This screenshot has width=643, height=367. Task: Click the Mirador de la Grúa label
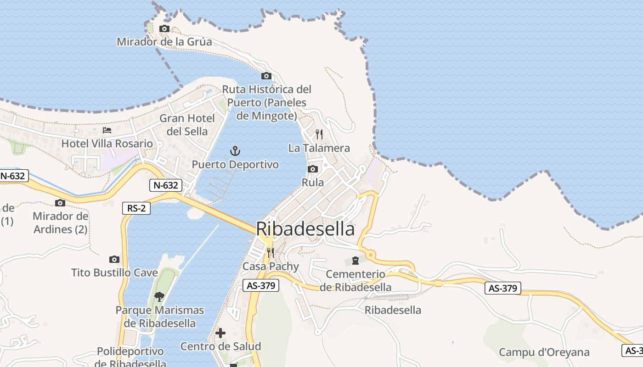pyautogui.click(x=164, y=42)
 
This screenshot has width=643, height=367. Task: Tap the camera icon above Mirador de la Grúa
pyautogui.click(x=164, y=29)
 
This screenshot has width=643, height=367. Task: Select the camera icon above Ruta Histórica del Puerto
pyautogui.click(x=266, y=76)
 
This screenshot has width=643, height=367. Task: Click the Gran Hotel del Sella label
pyautogui.click(x=187, y=125)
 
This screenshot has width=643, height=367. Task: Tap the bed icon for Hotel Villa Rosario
pyautogui.click(x=107, y=131)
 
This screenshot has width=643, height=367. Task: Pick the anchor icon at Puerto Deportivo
pyautogui.click(x=235, y=150)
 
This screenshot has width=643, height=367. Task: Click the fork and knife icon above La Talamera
pyautogui.click(x=319, y=134)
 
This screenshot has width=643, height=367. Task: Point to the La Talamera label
pyautogui.click(x=319, y=148)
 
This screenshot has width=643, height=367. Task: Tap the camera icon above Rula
pyautogui.click(x=313, y=169)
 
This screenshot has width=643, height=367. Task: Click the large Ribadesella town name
pyautogui.click(x=305, y=229)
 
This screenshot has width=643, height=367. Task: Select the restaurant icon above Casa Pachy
pyautogui.click(x=271, y=253)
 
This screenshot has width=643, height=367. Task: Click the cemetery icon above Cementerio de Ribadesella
pyautogui.click(x=355, y=261)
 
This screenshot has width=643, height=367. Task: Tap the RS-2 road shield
pyautogui.click(x=136, y=208)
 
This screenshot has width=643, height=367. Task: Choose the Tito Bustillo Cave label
pyautogui.click(x=114, y=273)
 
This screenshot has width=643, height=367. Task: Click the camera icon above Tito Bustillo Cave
pyautogui.click(x=114, y=260)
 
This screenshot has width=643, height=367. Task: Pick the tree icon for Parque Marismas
pyautogui.click(x=159, y=296)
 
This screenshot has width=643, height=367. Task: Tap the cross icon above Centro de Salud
pyautogui.click(x=220, y=333)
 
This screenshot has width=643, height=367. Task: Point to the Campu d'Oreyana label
pyautogui.click(x=544, y=352)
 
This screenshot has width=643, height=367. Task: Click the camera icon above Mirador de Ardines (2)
pyautogui.click(x=60, y=203)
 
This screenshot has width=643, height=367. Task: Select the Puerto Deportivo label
pyautogui.click(x=235, y=164)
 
